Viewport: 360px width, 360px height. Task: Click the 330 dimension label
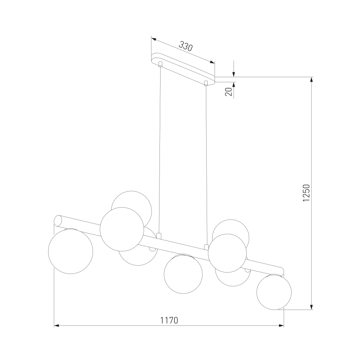[185, 46]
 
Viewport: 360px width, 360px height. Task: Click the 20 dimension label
[229, 92]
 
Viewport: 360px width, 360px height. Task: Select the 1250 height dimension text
[306, 193]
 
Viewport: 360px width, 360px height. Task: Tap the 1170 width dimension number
[169, 320]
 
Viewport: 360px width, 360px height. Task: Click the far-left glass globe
[71, 251]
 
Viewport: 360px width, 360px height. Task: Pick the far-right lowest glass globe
[274, 292]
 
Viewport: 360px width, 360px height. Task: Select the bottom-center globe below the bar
[183, 274]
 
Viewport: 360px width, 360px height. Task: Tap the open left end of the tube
[58, 221]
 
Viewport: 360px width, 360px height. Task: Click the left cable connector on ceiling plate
[161, 64]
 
